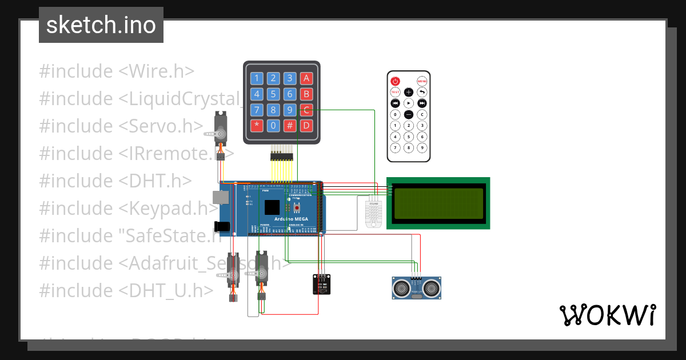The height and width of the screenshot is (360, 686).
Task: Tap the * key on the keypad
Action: [x=257, y=125]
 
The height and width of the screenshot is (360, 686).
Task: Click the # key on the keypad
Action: [x=290, y=125]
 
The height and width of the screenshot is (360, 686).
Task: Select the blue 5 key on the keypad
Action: [x=274, y=94]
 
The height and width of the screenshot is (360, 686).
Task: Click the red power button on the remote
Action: [x=395, y=82]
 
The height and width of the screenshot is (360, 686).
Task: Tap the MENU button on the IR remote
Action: [x=422, y=82]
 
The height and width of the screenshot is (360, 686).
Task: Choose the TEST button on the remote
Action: [x=395, y=92]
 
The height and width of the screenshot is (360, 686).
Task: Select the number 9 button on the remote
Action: [x=422, y=147]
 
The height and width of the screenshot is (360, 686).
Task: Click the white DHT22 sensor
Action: [x=374, y=212]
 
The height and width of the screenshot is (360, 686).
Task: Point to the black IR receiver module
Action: [x=321, y=284]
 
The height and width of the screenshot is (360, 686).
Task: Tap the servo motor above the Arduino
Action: [x=220, y=129]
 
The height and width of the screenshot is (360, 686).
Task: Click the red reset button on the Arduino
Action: [x=296, y=207]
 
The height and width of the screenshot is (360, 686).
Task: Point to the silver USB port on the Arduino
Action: [x=221, y=197]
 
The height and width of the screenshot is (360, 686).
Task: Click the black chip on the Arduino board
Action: [x=273, y=207]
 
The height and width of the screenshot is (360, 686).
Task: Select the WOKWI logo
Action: [x=607, y=315]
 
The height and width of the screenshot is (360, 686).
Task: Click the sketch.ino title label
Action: [x=101, y=25]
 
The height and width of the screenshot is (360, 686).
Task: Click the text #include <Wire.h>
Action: [x=117, y=71]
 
